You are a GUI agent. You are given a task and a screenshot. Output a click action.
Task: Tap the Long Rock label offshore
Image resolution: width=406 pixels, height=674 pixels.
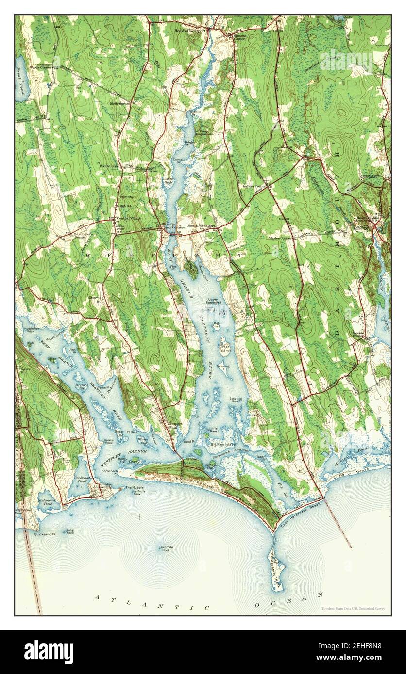point(70,531)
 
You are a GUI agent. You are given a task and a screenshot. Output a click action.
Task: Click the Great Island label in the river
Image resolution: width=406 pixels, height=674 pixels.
point(224,348)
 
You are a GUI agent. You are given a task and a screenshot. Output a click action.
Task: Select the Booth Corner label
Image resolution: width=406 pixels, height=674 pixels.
point(109,166)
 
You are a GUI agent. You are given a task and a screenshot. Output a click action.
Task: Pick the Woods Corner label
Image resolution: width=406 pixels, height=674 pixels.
point(41,67)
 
